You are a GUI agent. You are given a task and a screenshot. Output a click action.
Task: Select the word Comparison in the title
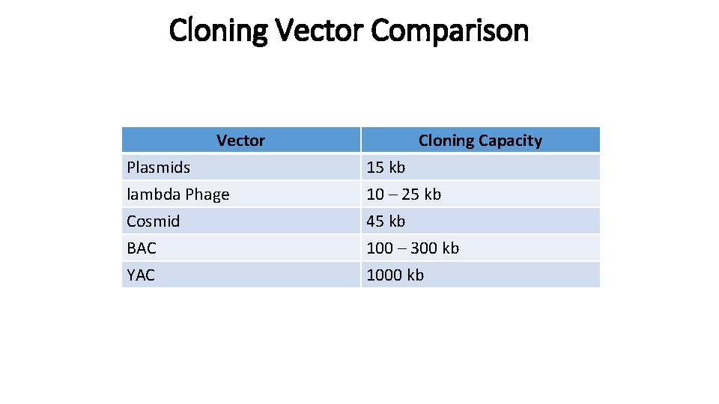coord(449,31)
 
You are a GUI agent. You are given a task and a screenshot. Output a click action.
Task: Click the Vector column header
coord(240,141)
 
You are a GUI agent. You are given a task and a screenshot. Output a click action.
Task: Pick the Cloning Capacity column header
coord(480,141)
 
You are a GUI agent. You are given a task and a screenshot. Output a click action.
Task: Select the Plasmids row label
coord(158,168)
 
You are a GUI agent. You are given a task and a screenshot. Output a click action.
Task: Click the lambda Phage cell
coord(178,195)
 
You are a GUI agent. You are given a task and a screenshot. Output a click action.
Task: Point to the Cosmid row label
coord(153,221)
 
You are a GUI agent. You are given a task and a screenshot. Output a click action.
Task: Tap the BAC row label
coord(142,248)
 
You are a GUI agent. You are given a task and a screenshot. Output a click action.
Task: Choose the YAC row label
coord(141,275)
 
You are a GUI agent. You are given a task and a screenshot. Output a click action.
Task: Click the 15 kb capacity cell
coord(386,168)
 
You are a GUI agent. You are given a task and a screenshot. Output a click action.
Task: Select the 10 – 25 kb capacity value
coord(404,195)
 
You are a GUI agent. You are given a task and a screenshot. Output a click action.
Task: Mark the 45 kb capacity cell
coord(386,221)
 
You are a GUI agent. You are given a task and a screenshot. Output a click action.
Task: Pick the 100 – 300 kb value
coord(413,248)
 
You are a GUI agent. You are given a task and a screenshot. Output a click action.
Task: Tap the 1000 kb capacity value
coord(395,275)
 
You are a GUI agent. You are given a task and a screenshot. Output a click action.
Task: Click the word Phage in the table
coord(207,195)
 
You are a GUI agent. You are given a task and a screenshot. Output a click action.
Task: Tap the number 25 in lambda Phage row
coord(410,195)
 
